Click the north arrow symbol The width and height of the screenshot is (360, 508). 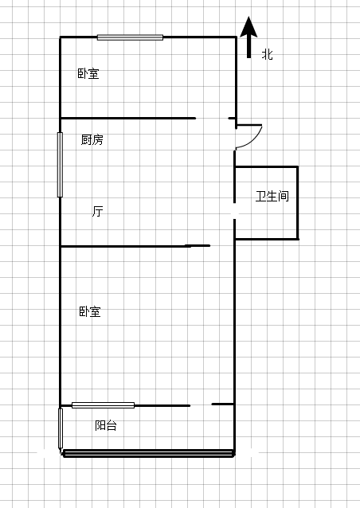[248, 37]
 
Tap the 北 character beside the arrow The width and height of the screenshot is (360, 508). [268, 54]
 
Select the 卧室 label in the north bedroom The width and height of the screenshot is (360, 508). [88, 73]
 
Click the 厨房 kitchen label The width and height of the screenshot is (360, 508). [92, 139]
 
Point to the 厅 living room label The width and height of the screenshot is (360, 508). [97, 211]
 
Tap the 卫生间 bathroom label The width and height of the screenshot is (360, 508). [272, 196]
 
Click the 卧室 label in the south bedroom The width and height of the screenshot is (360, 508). [90, 311]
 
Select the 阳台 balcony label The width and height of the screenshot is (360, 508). [106, 425]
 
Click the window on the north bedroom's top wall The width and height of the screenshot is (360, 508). [130, 37]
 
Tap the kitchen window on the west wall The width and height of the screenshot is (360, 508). [60, 165]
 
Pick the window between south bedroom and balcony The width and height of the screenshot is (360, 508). [103, 405]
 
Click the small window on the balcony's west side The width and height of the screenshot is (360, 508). [61, 428]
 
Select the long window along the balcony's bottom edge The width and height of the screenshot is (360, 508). [148, 453]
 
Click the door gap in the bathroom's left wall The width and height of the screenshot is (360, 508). [235, 211]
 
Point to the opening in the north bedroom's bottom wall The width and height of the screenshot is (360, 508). [212, 119]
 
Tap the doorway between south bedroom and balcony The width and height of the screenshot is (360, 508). [201, 404]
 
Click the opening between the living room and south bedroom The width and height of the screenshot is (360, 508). [222, 245]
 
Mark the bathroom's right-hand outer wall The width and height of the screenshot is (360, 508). [297, 203]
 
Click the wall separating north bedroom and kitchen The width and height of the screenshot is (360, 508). [128, 119]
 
